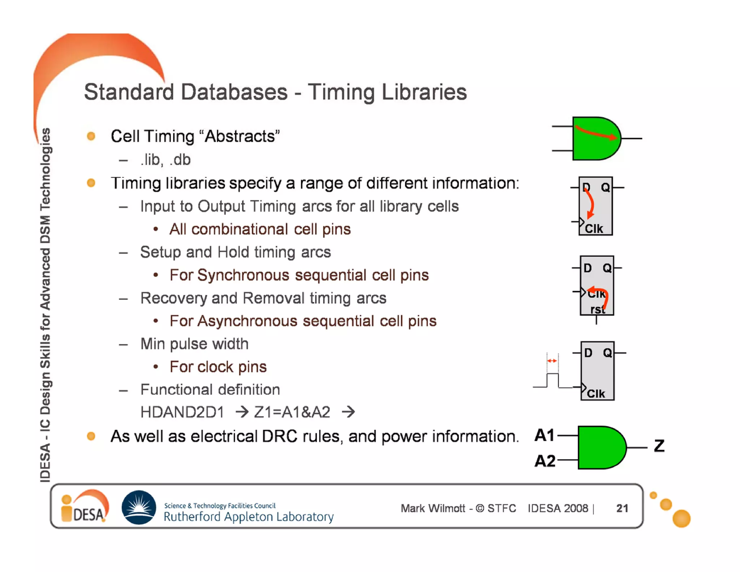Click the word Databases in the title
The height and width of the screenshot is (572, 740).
pos(234,92)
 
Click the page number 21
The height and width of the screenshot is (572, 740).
pos(622,508)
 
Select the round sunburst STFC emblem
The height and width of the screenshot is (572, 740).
pos(139,507)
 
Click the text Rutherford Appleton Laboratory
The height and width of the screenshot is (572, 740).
pos(249,517)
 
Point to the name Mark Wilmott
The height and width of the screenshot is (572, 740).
pos(433,508)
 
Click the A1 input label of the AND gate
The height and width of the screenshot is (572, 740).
pos(544,435)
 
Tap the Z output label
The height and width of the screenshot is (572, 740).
pos(659,446)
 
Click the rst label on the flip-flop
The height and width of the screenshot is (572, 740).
pos(597,310)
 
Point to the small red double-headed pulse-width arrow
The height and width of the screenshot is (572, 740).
pos(552,360)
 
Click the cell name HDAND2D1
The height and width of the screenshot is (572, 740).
pos(182,412)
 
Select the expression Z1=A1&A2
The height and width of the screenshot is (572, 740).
pos(292,412)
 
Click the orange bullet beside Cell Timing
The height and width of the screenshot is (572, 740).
pos(91,136)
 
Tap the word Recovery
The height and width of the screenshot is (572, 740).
pos(173,298)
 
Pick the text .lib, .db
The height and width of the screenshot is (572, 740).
pos(165,160)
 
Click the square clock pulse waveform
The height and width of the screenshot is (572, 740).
pos(552,380)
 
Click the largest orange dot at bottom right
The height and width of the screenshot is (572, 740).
pos(681,518)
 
